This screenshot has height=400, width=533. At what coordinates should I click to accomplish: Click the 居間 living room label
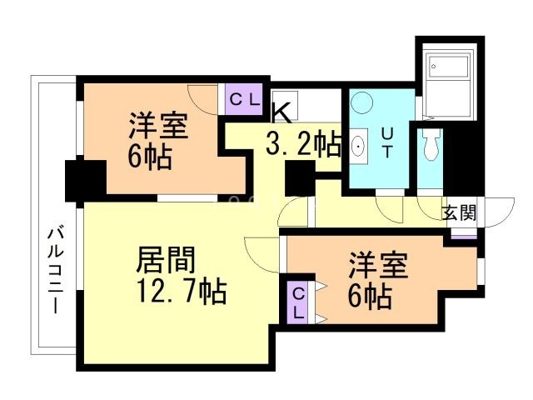click(x=166, y=262)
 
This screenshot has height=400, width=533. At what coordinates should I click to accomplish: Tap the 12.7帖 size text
click(x=183, y=292)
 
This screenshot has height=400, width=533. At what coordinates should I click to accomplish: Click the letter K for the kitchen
click(x=281, y=111)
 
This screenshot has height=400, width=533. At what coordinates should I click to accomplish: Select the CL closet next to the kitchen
click(x=245, y=99)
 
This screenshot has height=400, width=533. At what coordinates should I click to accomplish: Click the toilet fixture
click(x=430, y=146)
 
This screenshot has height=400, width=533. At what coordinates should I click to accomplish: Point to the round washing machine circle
click(x=362, y=104)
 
